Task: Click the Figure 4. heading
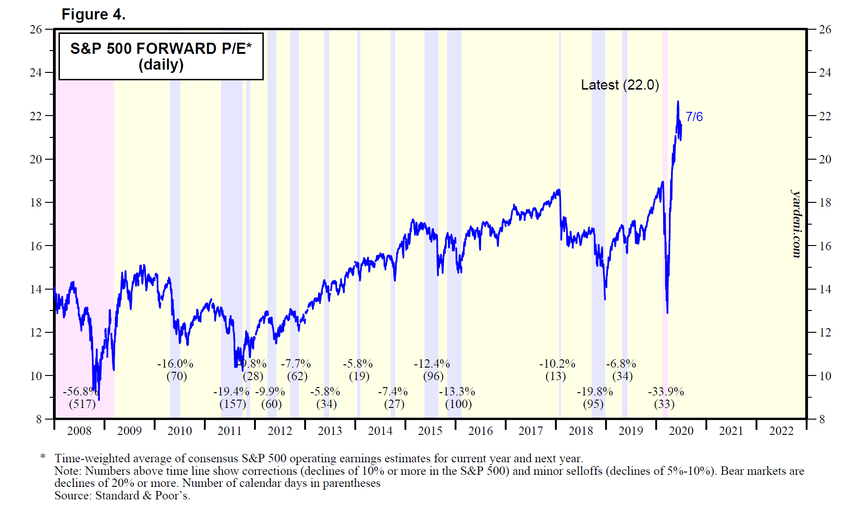(x=93, y=14)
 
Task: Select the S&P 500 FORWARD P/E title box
(x=161, y=56)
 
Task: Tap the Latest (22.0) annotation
(x=619, y=85)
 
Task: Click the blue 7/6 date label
(x=694, y=116)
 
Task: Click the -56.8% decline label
(x=81, y=392)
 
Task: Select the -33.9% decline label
(x=665, y=392)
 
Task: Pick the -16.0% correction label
(x=175, y=364)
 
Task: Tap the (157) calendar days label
(x=233, y=404)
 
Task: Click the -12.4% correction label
(x=432, y=364)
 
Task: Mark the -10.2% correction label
(x=557, y=364)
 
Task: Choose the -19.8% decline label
(x=594, y=392)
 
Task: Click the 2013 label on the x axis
(x=330, y=431)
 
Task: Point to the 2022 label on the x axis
(x=781, y=431)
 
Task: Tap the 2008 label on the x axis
(x=79, y=431)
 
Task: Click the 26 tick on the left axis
(x=36, y=30)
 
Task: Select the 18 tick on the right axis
(x=825, y=203)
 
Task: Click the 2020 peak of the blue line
(x=678, y=101)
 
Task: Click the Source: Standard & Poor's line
(x=122, y=496)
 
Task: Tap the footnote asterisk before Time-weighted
(x=43, y=457)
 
